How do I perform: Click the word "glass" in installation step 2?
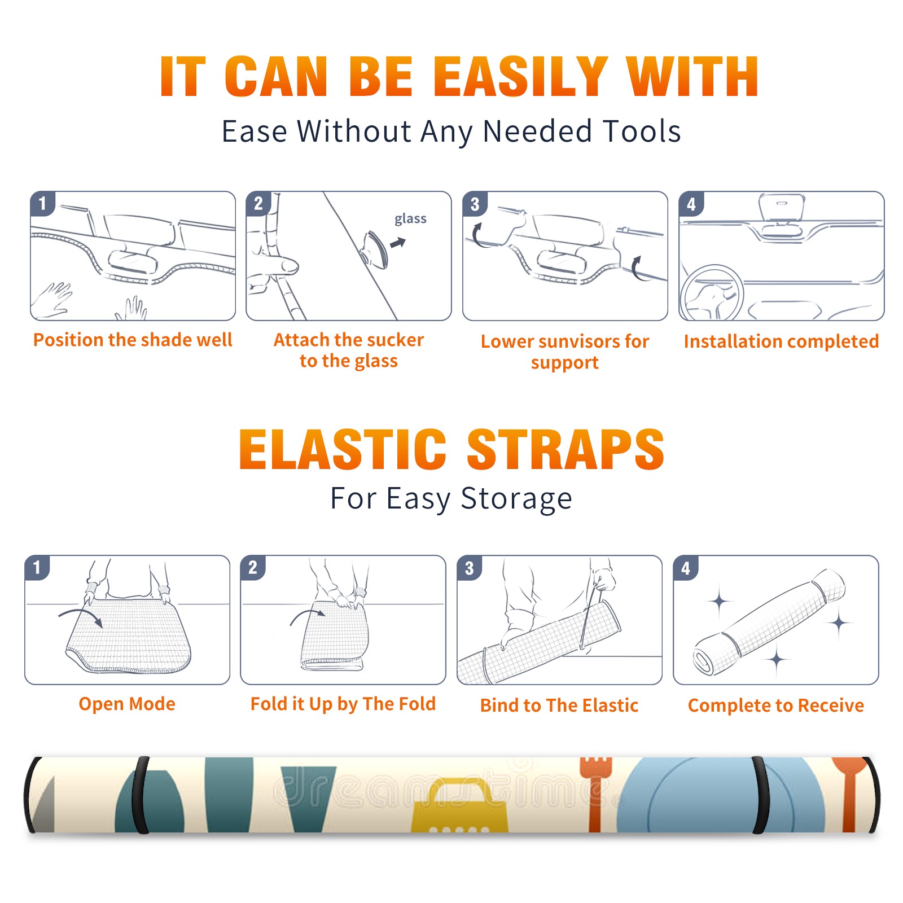click(410, 219)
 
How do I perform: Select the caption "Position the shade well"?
click(133, 340)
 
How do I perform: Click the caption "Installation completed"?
click(781, 341)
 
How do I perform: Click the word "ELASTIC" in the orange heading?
click(343, 449)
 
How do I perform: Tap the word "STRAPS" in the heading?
click(566, 449)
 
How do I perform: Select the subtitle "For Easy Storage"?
click(451, 499)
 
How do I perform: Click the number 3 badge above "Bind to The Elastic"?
click(470, 568)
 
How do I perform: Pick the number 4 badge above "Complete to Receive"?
click(686, 568)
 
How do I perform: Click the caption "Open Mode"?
click(127, 704)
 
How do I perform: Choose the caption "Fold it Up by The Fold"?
click(343, 704)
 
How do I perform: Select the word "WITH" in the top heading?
click(692, 77)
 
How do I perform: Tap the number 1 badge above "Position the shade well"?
click(42, 203)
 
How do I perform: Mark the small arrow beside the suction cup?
click(398, 243)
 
